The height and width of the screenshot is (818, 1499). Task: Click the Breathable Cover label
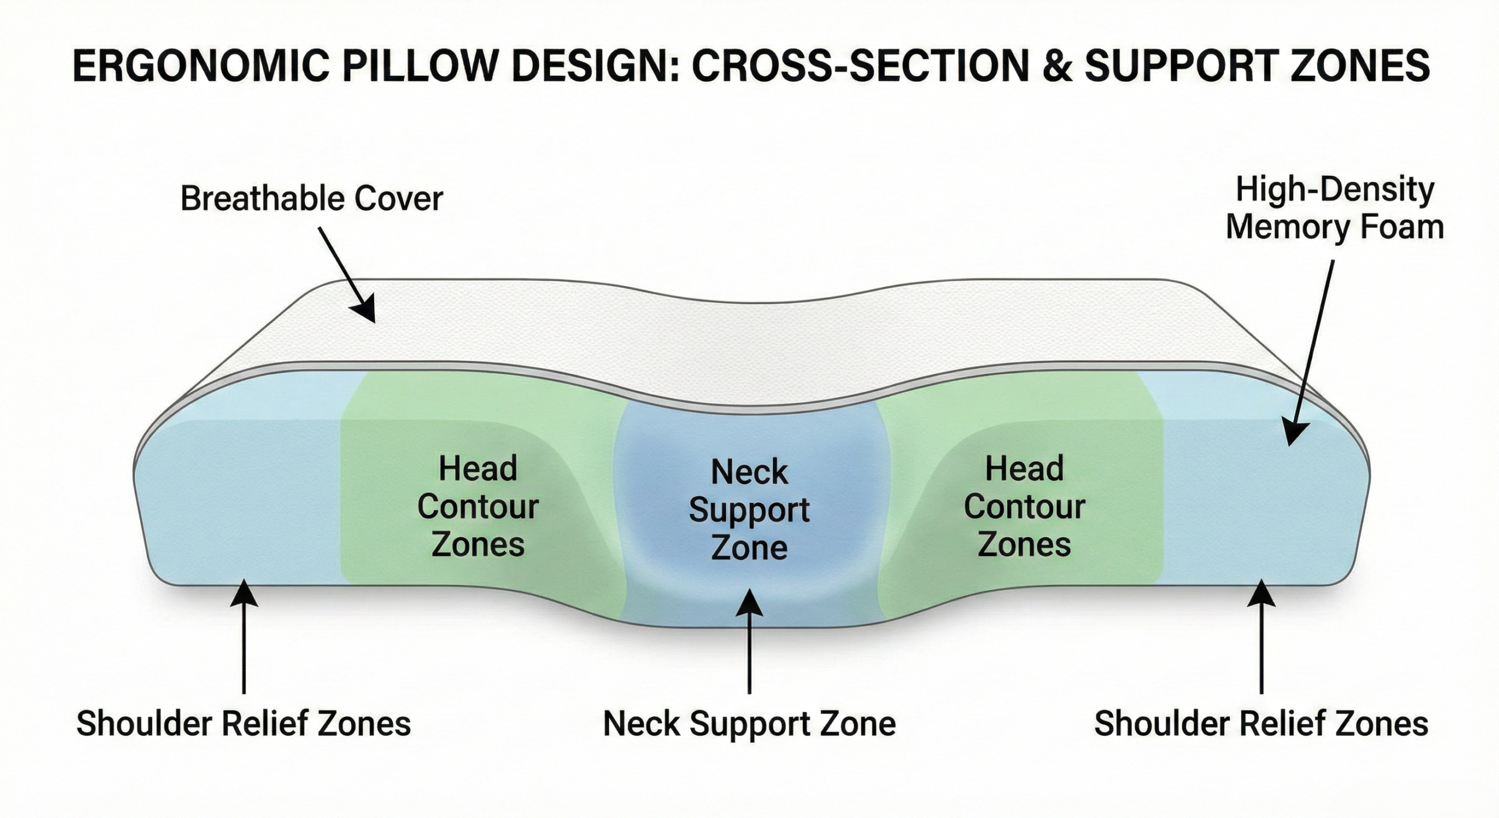point(312,199)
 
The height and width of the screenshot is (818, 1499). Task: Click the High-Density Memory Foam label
point(1334,209)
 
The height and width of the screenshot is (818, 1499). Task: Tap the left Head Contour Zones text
point(478,507)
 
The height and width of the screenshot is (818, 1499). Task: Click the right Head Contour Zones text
point(1024,507)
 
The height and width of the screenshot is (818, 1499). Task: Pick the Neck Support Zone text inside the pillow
point(749,510)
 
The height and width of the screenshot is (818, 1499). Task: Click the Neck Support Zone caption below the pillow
point(749,724)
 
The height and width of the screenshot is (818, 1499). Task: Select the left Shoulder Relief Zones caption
point(244,724)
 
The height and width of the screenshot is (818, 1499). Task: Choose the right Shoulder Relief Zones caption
point(1261,724)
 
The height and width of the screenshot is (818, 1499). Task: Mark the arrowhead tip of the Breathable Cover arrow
point(373,321)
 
